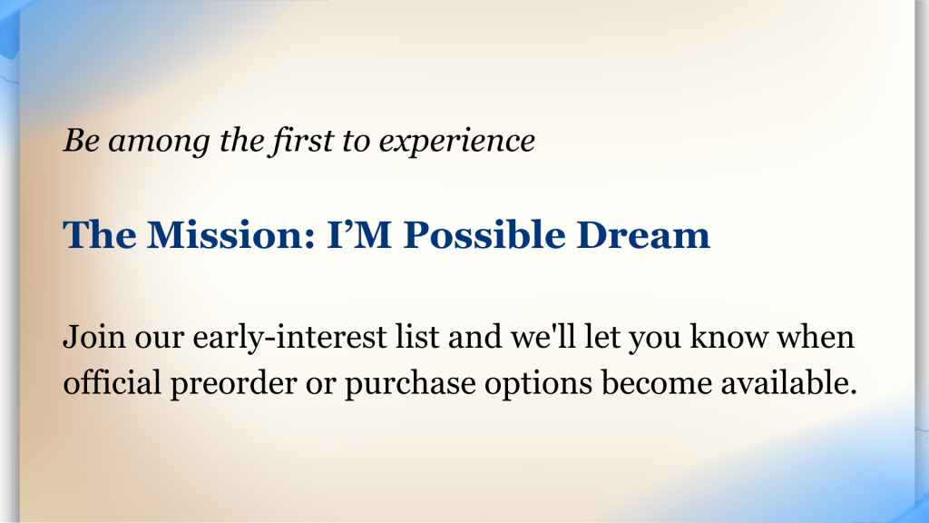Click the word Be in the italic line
pos(81,141)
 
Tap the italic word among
pos(159,142)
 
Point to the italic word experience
pos(457,143)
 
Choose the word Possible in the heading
pos(484,235)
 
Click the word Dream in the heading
pos(643,235)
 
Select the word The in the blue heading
pos(100,235)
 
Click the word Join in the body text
pos(94,338)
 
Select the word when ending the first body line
pos(816,336)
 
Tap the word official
pos(112,382)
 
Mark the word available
pos(788,382)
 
